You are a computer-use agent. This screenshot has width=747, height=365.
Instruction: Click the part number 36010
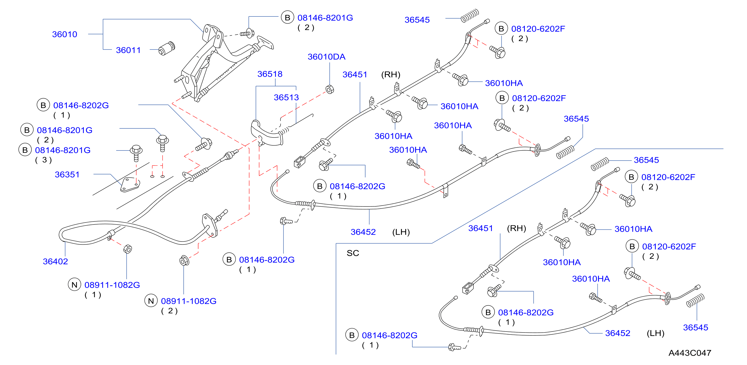tap(64, 34)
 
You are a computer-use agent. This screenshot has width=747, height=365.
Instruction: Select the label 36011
tap(128, 50)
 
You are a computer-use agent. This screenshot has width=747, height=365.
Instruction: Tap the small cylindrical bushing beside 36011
tap(167, 48)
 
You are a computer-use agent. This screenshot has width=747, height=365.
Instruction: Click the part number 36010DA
tap(326, 57)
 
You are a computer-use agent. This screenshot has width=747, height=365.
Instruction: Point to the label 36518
tap(270, 74)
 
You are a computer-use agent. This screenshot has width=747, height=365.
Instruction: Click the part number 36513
tap(286, 98)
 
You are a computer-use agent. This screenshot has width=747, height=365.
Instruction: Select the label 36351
tap(67, 175)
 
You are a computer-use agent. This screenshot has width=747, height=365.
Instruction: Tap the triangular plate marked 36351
tap(130, 185)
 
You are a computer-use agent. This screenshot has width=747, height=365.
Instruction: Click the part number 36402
tap(55, 261)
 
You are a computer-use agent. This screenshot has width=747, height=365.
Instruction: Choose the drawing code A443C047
tap(690, 353)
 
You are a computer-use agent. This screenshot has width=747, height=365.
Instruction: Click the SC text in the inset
tap(353, 253)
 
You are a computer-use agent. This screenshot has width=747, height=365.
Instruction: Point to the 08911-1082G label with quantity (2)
tap(189, 301)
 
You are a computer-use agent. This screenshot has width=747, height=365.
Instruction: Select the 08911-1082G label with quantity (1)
tap(112, 285)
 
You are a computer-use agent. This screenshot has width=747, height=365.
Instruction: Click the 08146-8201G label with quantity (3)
tap(63, 150)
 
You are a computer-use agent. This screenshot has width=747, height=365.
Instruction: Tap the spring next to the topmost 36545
tap(470, 16)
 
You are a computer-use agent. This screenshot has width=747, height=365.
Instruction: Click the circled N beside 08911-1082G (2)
tap(151, 301)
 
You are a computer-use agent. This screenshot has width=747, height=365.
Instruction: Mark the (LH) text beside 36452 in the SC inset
tap(655, 333)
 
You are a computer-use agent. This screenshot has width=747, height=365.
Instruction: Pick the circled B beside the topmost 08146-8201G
tap(287, 18)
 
